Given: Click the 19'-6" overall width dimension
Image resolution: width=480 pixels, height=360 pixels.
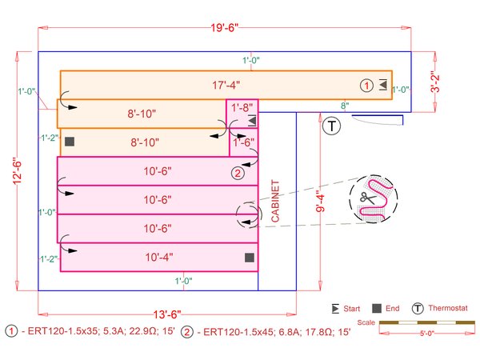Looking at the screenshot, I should point(225,28).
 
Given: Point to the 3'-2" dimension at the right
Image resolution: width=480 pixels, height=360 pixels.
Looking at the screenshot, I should point(436,82).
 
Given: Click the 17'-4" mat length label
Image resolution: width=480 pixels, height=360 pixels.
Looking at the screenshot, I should point(225,85).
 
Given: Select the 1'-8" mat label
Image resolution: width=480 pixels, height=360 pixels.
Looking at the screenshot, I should point(242,106).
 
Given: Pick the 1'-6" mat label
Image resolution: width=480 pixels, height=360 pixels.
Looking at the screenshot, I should point(242,143).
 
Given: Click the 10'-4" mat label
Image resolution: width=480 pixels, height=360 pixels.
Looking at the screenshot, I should point(157,258).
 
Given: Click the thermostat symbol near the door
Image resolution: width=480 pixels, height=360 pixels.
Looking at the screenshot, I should point(331,125).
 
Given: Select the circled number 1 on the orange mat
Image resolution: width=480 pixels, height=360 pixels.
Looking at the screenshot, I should point(366,85).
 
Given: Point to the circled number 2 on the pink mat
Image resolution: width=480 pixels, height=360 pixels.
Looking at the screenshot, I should point(238,172).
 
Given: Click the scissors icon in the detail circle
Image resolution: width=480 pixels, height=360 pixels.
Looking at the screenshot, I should point(367,198).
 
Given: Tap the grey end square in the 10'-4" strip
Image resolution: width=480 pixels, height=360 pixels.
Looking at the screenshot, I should point(250,258).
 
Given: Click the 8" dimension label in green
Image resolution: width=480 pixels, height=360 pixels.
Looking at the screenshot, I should point(345,106).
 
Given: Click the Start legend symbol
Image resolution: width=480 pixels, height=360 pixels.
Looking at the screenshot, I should point(336,308).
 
